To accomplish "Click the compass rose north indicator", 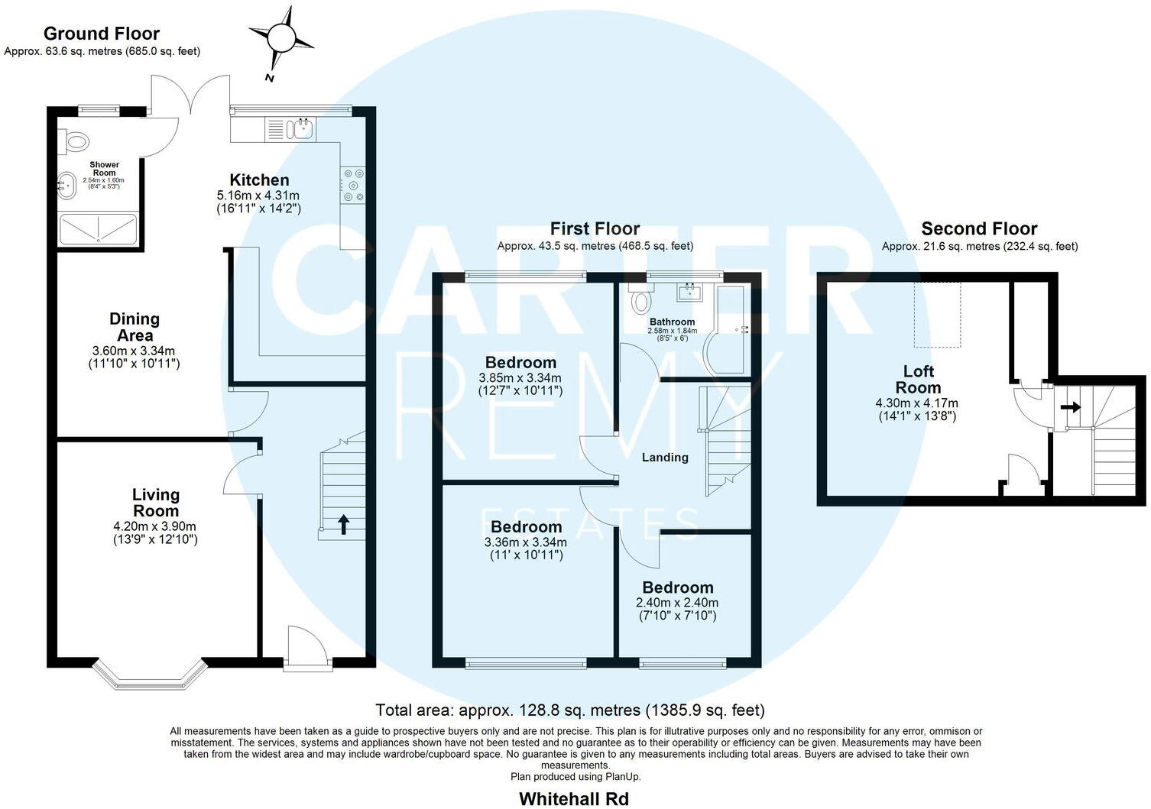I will [x=280, y=37].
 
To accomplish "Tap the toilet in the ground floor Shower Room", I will [x=75, y=141].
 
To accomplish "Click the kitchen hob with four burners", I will [x=353, y=185].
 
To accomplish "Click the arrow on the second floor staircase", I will [x=1071, y=407].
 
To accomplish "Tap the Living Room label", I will [x=156, y=503].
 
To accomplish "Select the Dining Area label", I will [x=135, y=327].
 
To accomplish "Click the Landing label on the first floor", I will [x=664, y=458].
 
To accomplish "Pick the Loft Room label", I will [x=918, y=379].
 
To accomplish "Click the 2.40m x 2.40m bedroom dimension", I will [x=677, y=602].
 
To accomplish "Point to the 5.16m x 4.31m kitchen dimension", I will [x=258, y=196].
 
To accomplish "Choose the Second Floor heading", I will [x=979, y=228].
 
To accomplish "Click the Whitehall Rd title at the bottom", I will [x=573, y=799].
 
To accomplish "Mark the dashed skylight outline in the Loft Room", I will [x=938, y=314].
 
